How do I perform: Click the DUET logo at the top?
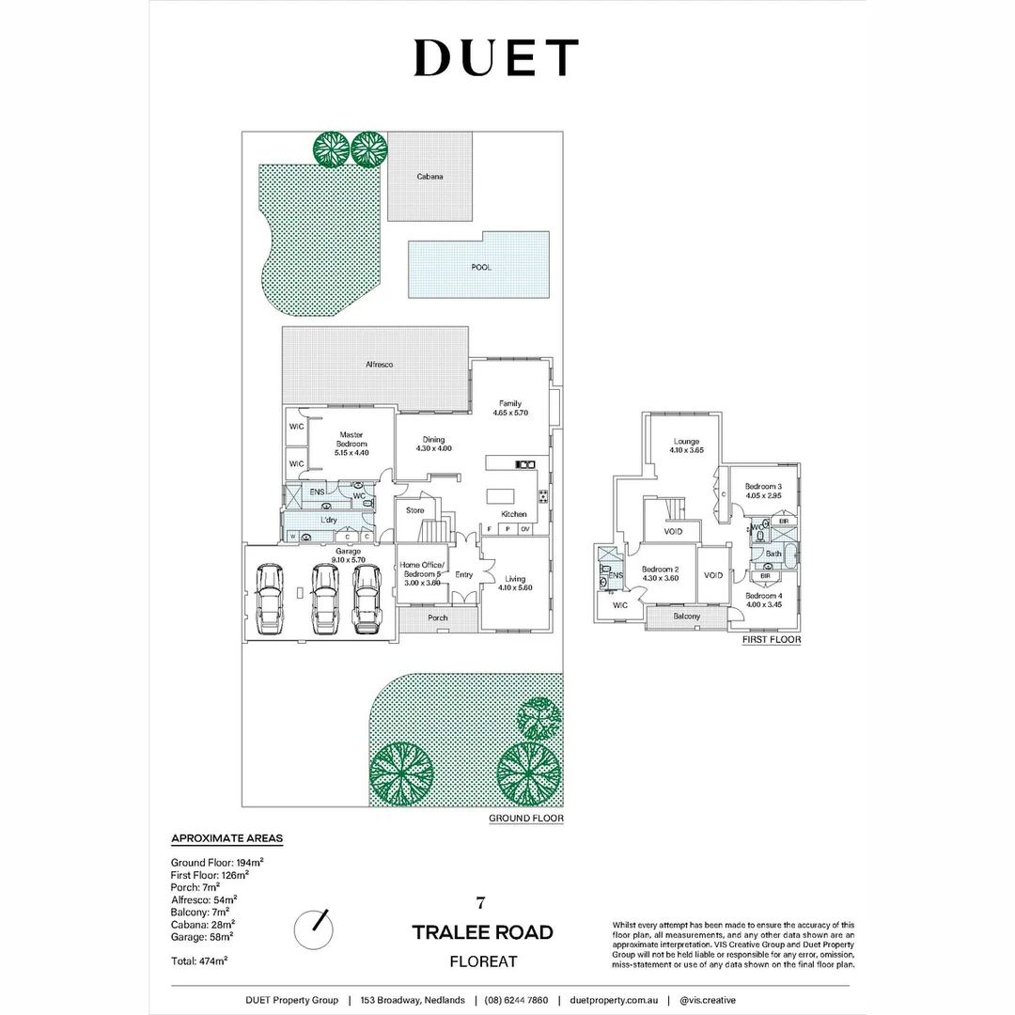(495, 58)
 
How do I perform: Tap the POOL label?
(481, 267)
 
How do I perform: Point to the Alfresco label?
(379, 364)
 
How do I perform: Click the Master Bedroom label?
(351, 443)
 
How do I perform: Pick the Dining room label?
(433, 444)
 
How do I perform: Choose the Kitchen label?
(514, 514)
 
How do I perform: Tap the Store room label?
(414, 510)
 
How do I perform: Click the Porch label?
(438, 617)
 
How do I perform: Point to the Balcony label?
(686, 617)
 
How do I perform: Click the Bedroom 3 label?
(762, 490)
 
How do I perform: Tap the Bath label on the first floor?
(773, 554)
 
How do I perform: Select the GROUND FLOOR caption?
(525, 819)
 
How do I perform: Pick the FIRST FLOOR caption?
(772, 640)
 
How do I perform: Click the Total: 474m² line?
(198, 960)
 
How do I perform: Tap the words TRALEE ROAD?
(482, 932)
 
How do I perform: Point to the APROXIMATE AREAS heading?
(226, 837)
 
